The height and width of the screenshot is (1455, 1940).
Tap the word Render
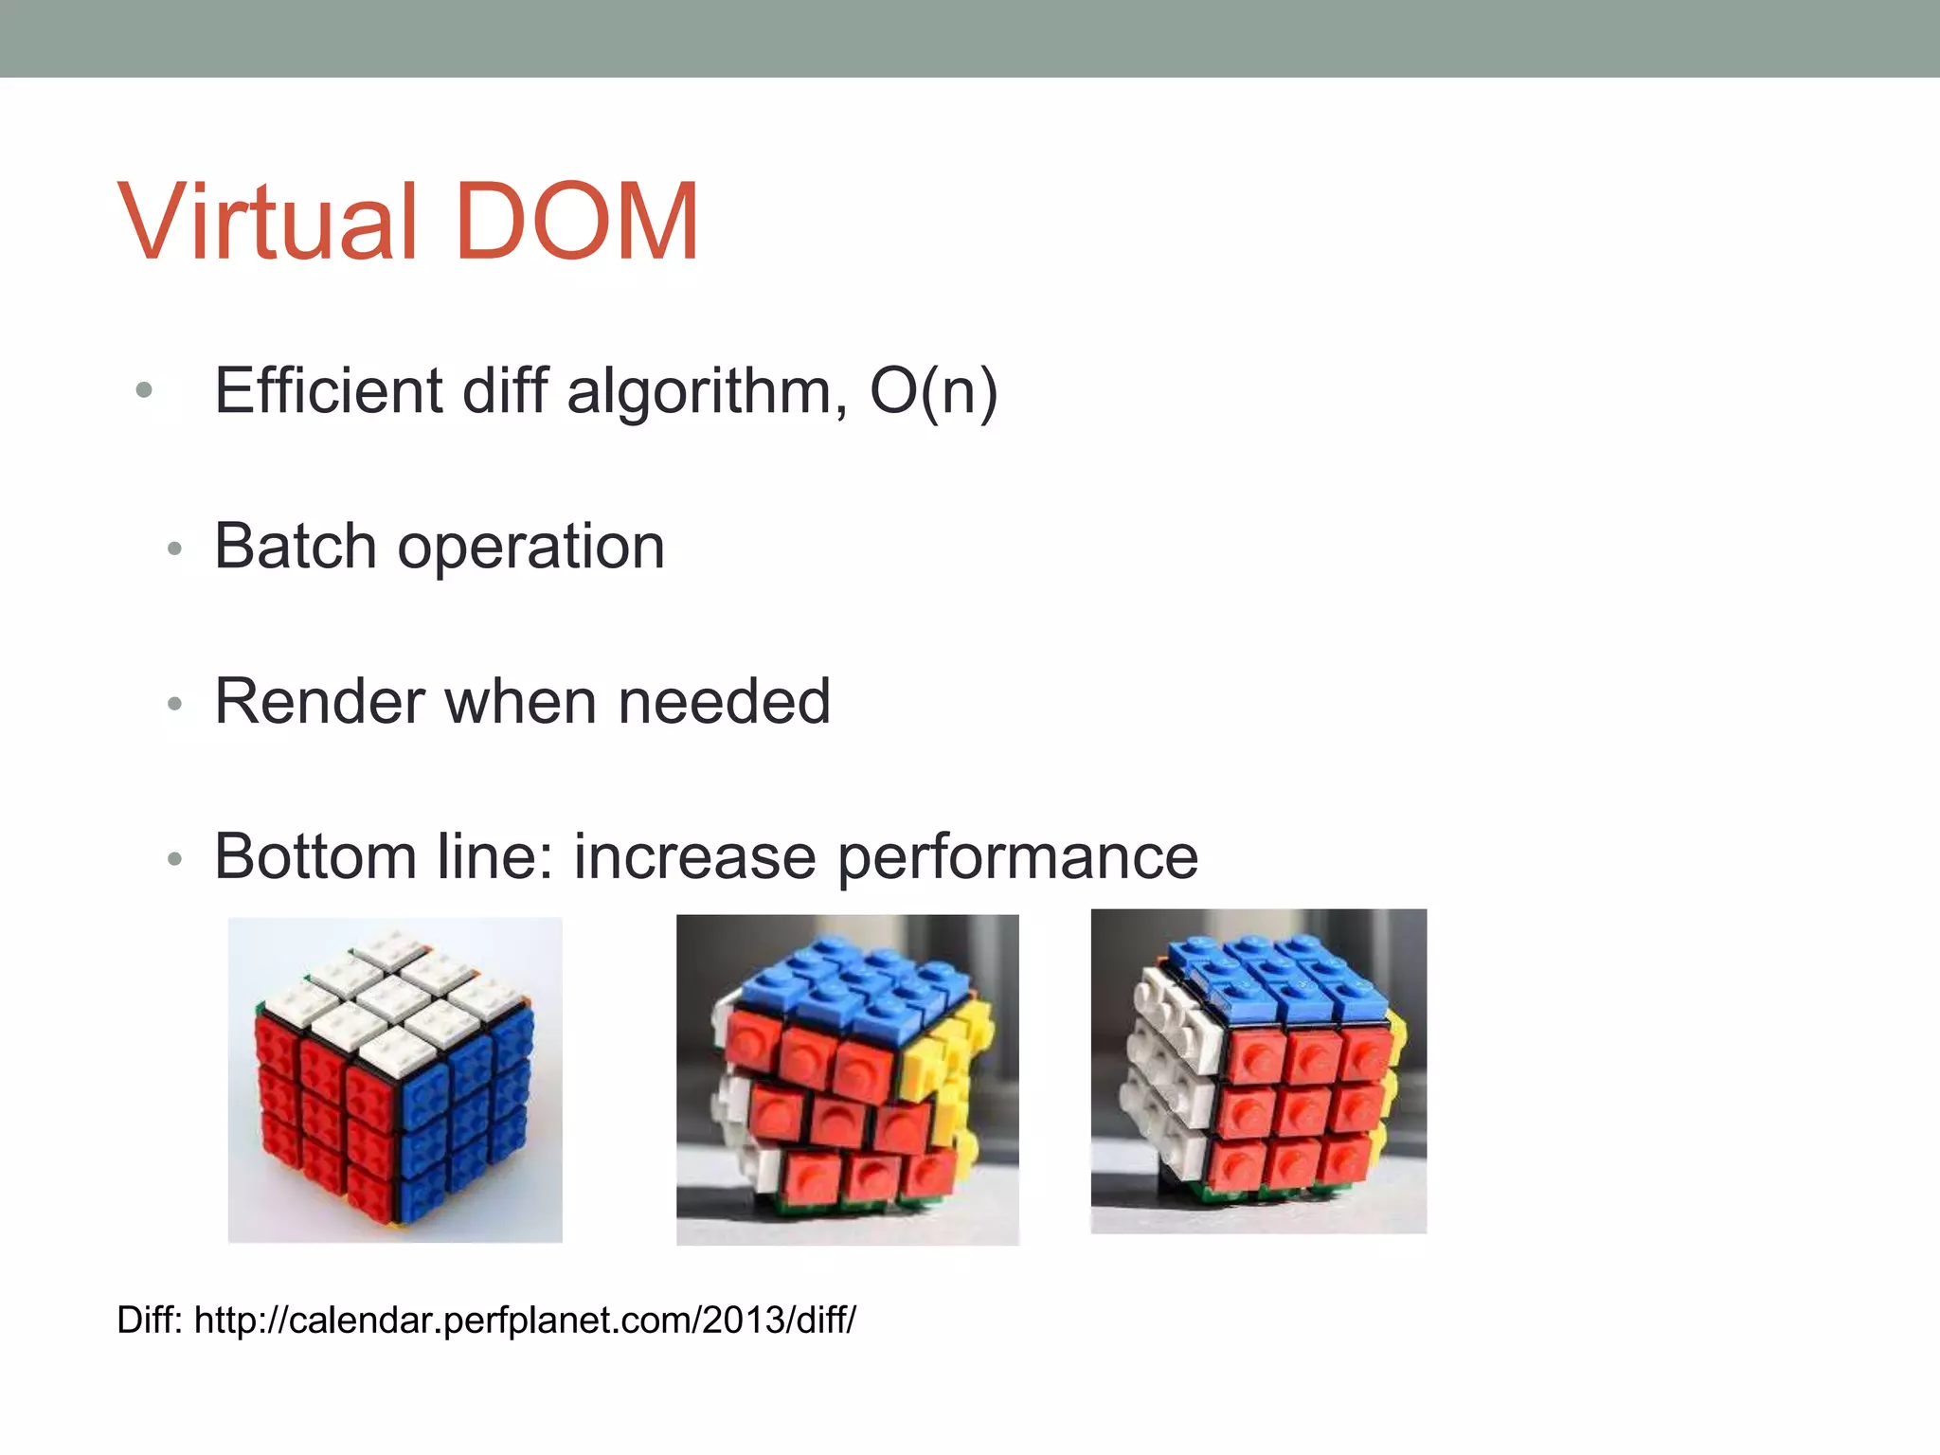click(318, 702)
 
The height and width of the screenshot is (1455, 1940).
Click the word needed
click(724, 702)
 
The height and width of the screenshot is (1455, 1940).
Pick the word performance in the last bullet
click(1018, 858)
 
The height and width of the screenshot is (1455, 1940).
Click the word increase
click(694, 856)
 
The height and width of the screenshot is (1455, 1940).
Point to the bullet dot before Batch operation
click(173, 548)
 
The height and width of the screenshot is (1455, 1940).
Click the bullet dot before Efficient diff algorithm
click(144, 390)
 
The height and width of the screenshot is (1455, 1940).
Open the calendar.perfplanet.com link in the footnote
click(525, 1320)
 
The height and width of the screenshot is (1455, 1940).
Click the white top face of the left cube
click(393, 999)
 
